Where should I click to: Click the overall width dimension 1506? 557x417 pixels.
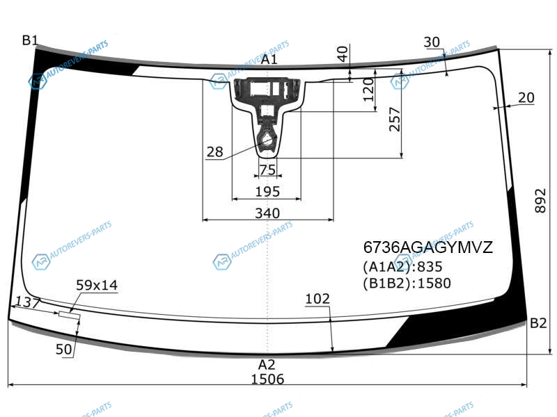[267, 379]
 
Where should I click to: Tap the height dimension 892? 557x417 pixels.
[540, 201]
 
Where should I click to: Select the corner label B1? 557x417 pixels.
[30, 40]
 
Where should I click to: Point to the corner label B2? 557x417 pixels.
[538, 323]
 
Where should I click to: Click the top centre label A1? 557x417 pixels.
[269, 59]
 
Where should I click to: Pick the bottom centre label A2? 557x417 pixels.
[267, 364]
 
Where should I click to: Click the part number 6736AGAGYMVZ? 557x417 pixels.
[428, 247]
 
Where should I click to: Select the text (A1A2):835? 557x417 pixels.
[402, 267]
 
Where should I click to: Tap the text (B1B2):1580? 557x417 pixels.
[407, 283]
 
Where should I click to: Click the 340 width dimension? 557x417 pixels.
[267, 213]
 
